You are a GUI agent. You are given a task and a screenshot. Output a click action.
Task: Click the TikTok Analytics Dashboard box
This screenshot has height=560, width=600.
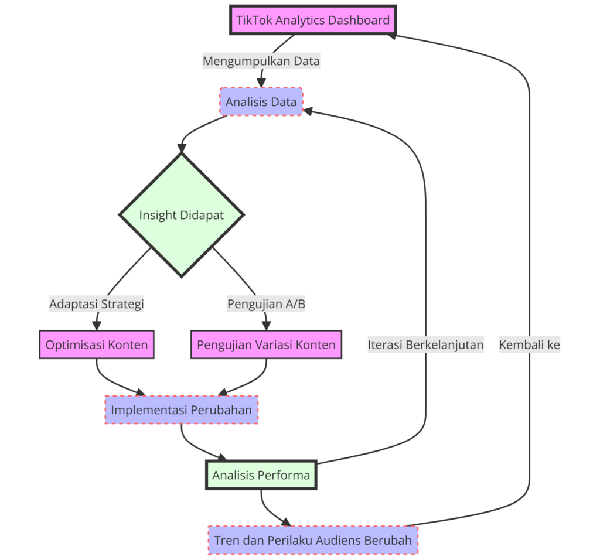312,21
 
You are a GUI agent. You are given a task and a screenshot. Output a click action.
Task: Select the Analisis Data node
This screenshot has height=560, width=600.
261,102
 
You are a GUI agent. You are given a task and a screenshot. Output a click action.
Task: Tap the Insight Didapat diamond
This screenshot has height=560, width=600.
182,215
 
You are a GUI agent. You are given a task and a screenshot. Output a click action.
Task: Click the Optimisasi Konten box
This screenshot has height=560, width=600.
97,344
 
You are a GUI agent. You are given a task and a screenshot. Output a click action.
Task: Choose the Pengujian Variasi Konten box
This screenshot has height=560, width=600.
266,344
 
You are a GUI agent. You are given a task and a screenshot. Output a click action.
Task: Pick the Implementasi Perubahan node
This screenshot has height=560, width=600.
181,409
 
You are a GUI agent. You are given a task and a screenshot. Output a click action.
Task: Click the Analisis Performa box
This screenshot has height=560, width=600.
261,475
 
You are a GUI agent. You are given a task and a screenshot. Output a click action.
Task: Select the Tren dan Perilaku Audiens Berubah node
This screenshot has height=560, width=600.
313,540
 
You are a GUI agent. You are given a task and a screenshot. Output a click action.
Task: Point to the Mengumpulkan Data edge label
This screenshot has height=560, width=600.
261,60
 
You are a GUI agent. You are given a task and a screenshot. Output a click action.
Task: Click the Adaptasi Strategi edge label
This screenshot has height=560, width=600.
97,304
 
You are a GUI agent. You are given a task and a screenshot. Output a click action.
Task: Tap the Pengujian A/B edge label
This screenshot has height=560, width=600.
266,304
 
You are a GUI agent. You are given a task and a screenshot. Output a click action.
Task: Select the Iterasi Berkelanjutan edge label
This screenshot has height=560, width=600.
425,344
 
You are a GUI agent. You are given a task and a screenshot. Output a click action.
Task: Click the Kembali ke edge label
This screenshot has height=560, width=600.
529,344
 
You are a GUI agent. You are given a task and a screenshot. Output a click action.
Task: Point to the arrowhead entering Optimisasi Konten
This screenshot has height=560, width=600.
97,326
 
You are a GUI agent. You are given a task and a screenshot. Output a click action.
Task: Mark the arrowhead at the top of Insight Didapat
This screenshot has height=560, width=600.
182,148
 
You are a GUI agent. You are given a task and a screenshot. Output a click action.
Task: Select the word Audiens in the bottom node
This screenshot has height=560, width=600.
333,540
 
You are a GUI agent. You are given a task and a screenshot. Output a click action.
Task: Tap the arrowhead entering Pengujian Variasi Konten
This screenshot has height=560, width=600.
266,326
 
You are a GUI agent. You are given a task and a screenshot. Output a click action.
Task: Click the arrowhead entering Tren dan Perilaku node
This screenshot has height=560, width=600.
286,522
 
